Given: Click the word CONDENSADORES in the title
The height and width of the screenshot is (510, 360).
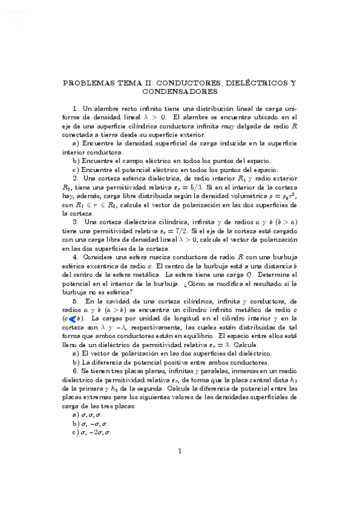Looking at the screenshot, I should pyautogui.click(x=180, y=93).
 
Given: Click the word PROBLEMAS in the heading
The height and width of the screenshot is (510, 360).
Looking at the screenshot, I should pyautogui.click(x=90, y=82).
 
